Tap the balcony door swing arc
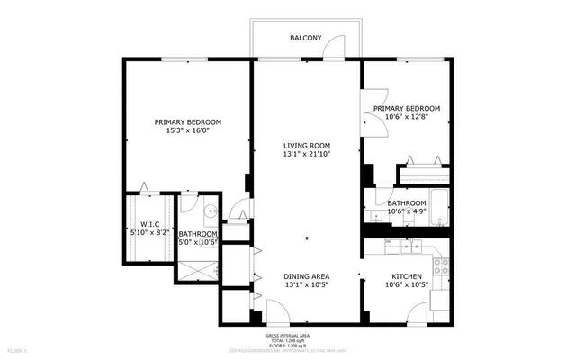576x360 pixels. pyautogui.click(x=335, y=47)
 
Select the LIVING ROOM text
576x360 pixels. pyautogui.click(x=307, y=145)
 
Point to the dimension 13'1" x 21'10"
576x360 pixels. pyautogui.click(x=307, y=154)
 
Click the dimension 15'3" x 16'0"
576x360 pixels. pyautogui.click(x=187, y=130)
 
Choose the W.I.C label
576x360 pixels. pyautogui.click(x=149, y=224)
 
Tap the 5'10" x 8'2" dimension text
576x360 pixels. pyautogui.click(x=149, y=233)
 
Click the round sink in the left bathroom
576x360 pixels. pyautogui.click(x=209, y=211)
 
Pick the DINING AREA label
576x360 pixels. pyautogui.click(x=307, y=276)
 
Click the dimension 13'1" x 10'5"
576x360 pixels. pyautogui.click(x=307, y=285)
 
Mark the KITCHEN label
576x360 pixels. pyautogui.click(x=407, y=276)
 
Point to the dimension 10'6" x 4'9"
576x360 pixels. pyautogui.click(x=407, y=213)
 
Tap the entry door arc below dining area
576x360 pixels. pyautogui.click(x=278, y=312)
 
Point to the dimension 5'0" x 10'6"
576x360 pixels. pyautogui.click(x=198, y=242)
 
